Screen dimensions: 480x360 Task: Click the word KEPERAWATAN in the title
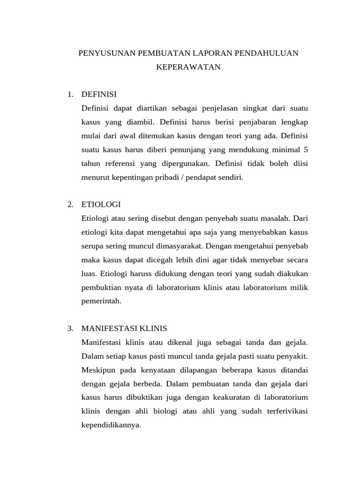point(188,67)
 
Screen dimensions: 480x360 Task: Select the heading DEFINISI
point(99,94)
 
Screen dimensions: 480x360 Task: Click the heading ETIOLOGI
point(101,204)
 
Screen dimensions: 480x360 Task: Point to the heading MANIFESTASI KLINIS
point(124,328)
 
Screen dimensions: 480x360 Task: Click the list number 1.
point(70,94)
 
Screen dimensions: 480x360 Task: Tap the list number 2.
point(70,204)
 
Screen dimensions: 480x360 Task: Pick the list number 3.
point(70,328)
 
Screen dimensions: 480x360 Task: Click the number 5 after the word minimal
point(306,150)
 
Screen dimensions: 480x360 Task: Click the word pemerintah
point(101,301)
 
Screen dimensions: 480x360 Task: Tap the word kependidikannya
point(111,425)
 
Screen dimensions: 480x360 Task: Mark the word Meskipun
point(97,370)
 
